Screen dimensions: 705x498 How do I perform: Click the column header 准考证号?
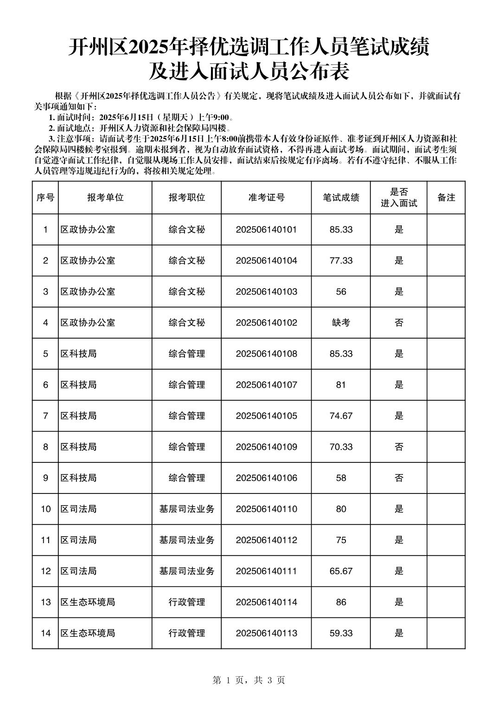click(266, 198)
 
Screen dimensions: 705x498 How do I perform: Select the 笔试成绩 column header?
click(341, 198)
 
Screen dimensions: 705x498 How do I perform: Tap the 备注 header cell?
click(446, 198)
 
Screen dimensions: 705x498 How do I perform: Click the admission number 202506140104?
click(266, 261)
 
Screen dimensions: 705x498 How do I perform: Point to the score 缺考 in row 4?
click(341, 323)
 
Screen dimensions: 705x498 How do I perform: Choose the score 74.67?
click(341, 416)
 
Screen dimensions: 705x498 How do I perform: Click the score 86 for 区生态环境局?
click(341, 602)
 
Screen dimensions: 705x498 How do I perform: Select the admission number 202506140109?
click(266, 447)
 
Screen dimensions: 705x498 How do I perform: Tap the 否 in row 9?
click(399, 478)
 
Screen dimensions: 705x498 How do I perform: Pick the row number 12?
click(45, 571)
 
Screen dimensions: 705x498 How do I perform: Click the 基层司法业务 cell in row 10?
click(187, 509)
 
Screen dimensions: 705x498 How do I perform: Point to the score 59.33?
click(341, 634)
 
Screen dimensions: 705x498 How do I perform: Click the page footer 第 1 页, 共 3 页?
click(249, 680)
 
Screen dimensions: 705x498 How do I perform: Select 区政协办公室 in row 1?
click(88, 230)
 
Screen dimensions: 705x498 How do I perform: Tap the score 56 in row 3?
click(341, 292)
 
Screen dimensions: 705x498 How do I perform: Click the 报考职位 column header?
click(187, 198)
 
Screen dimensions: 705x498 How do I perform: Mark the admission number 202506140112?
click(266, 540)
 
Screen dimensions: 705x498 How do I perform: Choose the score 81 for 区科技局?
click(341, 385)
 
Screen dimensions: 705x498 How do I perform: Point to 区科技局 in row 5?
click(79, 354)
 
